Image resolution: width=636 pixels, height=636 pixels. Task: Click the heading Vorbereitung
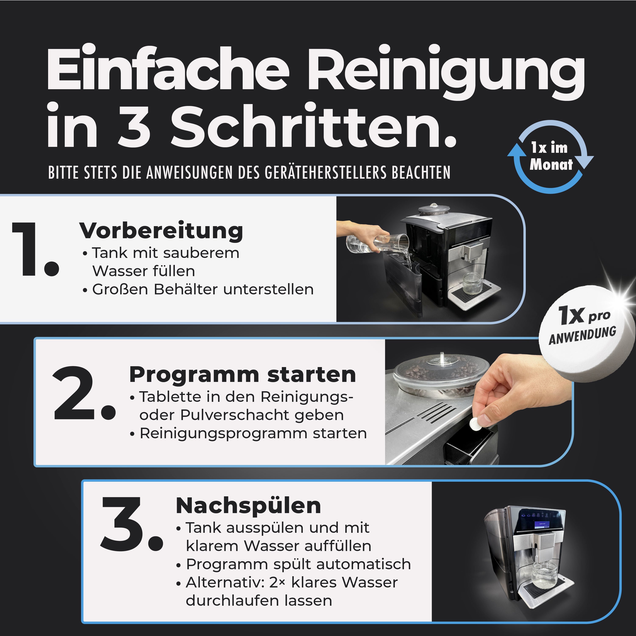[161, 231]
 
